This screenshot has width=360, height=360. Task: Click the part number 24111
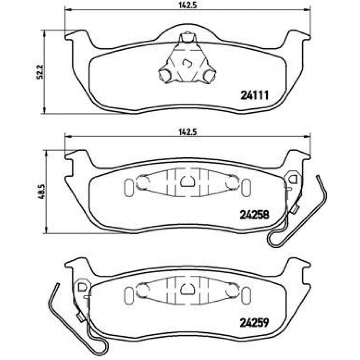(255, 95)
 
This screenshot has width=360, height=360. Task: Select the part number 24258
(255, 215)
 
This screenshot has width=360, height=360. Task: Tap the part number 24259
(255, 323)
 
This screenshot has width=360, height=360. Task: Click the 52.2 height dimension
(40, 72)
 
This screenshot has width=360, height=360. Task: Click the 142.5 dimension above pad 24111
(188, 5)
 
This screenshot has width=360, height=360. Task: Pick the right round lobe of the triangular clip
(210, 75)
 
